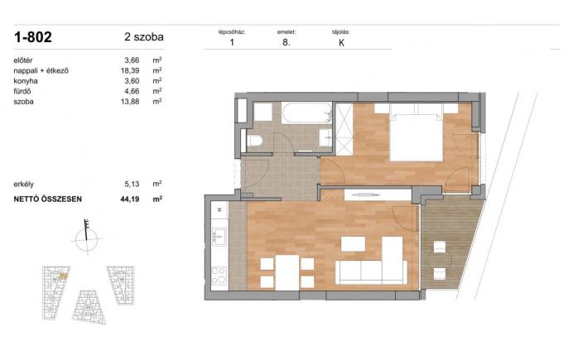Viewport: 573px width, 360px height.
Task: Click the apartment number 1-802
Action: (x=33, y=37)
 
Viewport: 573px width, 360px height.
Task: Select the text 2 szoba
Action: (x=144, y=37)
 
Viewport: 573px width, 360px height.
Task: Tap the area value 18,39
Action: (x=130, y=70)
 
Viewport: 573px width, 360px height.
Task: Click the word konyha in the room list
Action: (x=26, y=81)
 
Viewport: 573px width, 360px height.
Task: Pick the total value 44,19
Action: (x=130, y=199)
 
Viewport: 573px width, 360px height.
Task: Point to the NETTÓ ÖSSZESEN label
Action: (x=47, y=199)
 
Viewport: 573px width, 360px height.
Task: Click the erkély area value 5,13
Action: (x=132, y=184)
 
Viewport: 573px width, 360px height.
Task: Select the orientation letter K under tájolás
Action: (x=342, y=43)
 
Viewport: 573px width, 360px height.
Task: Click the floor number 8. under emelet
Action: (x=286, y=42)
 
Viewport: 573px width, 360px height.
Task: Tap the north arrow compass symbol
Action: (x=87, y=238)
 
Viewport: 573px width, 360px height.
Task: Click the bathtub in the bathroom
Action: (x=307, y=113)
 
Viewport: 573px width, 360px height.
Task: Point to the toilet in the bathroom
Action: (x=255, y=141)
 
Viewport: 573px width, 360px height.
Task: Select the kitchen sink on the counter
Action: (x=219, y=237)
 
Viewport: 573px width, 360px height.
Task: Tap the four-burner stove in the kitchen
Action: (x=219, y=276)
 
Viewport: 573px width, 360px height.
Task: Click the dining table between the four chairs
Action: (x=287, y=272)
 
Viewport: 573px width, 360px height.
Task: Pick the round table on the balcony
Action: (x=440, y=260)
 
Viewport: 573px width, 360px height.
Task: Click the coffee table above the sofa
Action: (x=353, y=244)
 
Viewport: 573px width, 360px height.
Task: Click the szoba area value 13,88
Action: (x=130, y=102)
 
